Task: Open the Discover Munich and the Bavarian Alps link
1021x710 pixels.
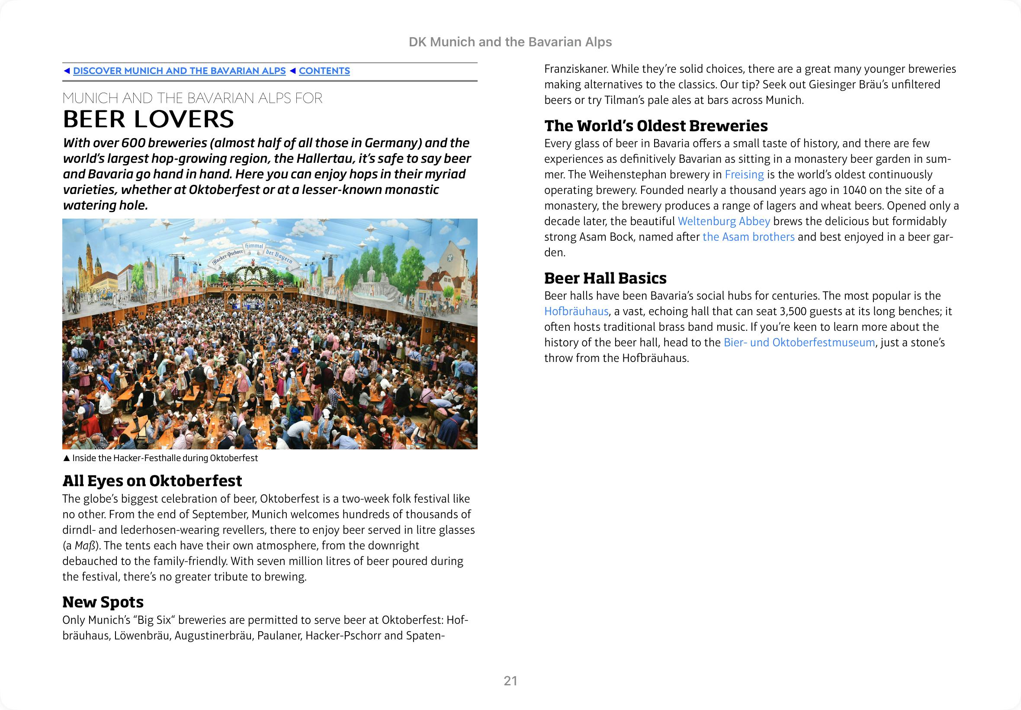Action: point(179,71)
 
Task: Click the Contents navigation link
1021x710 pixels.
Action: point(324,71)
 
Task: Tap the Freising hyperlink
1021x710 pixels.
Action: point(744,174)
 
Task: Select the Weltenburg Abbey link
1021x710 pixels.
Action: point(724,221)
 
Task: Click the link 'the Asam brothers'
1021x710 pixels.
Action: point(748,237)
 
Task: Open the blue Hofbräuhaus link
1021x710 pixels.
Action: point(576,311)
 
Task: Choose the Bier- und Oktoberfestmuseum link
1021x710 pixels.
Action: point(799,342)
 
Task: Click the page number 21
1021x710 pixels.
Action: point(510,681)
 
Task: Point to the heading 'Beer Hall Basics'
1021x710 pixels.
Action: point(605,278)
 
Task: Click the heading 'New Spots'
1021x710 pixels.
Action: point(103,602)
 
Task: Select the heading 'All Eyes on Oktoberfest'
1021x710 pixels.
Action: point(152,481)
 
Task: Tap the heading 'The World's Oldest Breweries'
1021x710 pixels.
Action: point(655,126)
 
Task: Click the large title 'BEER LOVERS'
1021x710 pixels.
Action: point(148,119)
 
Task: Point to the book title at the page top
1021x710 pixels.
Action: point(510,42)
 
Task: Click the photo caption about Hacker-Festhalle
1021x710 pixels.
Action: point(164,458)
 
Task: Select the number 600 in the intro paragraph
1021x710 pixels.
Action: point(133,143)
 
